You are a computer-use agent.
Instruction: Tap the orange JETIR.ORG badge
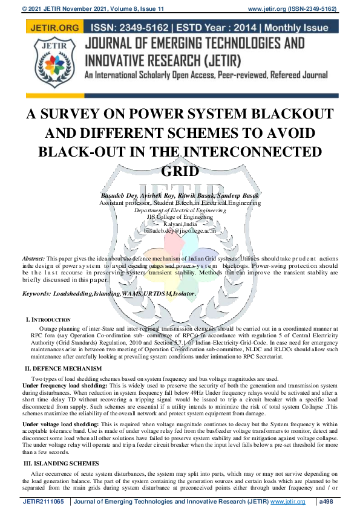coord(53,28)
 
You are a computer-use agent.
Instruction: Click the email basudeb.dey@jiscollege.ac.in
coord(180,230)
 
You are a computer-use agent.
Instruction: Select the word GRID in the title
coord(180,171)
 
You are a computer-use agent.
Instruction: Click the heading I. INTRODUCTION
coord(48,319)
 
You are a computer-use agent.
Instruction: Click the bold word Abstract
coord(33,258)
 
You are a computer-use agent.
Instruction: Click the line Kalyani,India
coord(180,224)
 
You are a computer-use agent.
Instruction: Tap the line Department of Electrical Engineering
coord(180,210)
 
